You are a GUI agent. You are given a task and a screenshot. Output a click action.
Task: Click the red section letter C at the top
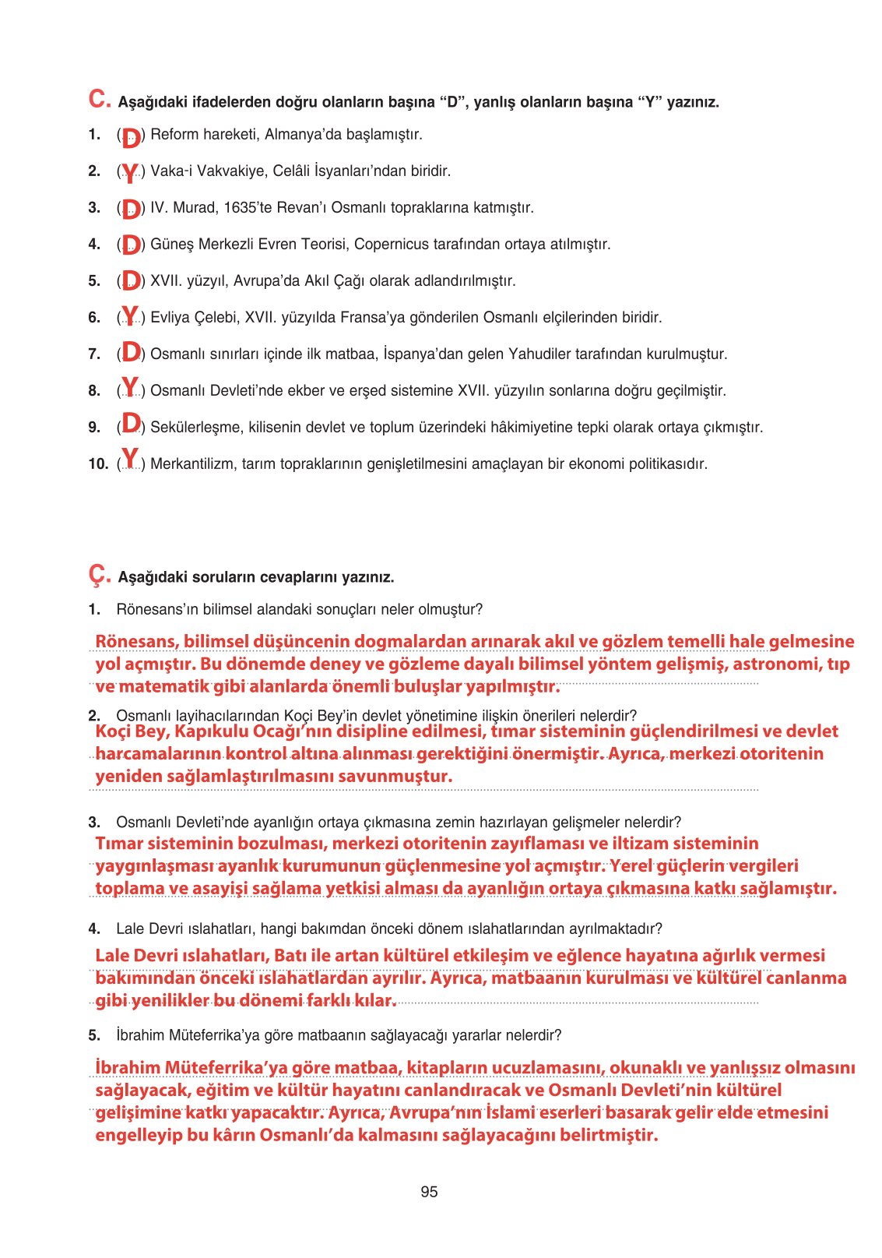pos(100,99)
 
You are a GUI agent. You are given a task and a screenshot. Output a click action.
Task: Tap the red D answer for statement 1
pos(132,137)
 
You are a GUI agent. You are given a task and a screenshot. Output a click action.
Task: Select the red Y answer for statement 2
pos(130,173)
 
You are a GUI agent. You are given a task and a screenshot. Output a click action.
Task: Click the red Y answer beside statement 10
pos(130,459)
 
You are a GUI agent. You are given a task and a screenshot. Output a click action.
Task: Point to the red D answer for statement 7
pos(131,352)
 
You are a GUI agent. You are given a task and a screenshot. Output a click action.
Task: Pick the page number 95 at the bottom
pos(429,1192)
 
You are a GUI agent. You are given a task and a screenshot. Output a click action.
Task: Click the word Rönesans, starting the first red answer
pos(135,641)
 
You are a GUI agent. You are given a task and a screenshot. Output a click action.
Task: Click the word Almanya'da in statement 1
pos(305,135)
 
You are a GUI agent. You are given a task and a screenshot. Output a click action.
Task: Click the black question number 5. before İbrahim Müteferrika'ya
pos(94,1035)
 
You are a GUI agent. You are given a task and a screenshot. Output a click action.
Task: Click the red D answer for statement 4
pos(131,245)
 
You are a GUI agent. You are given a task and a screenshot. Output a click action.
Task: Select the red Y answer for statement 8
pos(130,387)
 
